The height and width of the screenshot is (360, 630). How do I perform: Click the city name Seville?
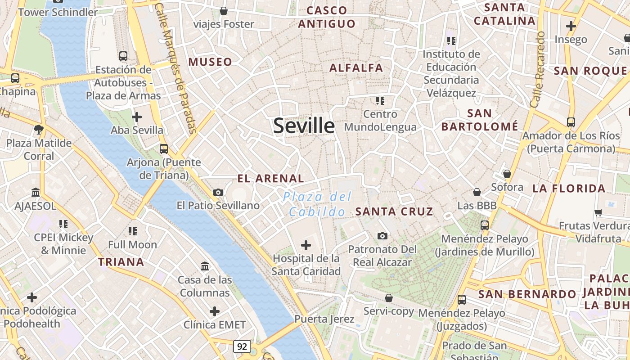[x=304, y=126]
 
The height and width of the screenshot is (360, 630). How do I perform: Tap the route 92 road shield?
[x=242, y=346]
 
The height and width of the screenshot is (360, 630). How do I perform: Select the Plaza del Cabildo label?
[x=317, y=204]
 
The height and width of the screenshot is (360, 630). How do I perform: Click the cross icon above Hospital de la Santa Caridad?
[x=306, y=245]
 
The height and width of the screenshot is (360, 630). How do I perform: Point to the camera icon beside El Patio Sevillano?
[x=218, y=192]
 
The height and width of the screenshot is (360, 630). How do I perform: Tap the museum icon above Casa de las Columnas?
[x=205, y=266]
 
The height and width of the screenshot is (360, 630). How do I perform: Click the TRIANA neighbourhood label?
[x=121, y=262]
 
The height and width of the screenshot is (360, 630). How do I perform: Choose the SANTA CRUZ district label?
[x=394, y=211]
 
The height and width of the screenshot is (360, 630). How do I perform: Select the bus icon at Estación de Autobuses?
[x=123, y=56]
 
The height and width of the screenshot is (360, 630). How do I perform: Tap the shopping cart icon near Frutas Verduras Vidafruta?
[x=598, y=212]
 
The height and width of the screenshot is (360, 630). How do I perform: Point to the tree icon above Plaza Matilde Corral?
[x=39, y=130]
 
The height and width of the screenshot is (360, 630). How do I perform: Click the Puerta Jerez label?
[x=324, y=319]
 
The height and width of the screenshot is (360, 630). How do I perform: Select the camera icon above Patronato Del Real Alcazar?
[x=382, y=236]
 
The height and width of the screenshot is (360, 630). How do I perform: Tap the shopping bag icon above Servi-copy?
[x=389, y=298]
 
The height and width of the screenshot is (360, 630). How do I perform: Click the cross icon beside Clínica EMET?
[x=215, y=311]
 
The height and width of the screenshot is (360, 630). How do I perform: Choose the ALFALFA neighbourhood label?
[x=356, y=68]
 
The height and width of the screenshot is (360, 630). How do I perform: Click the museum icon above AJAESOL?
[x=36, y=193]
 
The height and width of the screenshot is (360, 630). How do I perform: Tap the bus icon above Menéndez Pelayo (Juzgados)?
[x=461, y=299]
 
